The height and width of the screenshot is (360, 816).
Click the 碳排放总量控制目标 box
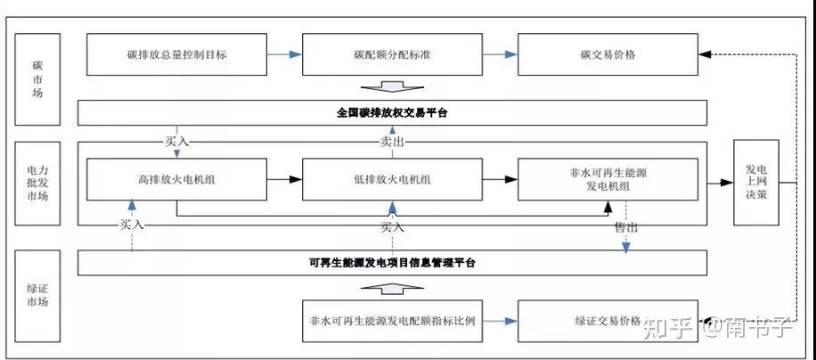(x=176, y=54)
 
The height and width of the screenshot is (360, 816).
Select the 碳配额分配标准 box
(x=392, y=54)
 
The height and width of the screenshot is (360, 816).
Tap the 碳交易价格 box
(x=607, y=54)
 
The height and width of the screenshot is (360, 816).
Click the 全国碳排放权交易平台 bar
(x=392, y=113)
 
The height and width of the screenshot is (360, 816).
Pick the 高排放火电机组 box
(x=176, y=179)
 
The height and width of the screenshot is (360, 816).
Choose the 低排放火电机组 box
(x=392, y=179)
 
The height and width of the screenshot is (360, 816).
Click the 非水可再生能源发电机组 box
(x=607, y=179)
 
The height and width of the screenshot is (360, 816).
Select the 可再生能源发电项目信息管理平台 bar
(x=392, y=262)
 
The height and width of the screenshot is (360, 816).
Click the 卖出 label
(x=392, y=141)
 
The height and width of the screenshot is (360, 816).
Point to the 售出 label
(x=626, y=227)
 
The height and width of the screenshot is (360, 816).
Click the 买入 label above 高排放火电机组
(x=176, y=141)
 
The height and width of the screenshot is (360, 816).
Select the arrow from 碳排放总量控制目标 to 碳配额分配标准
(x=284, y=54)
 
